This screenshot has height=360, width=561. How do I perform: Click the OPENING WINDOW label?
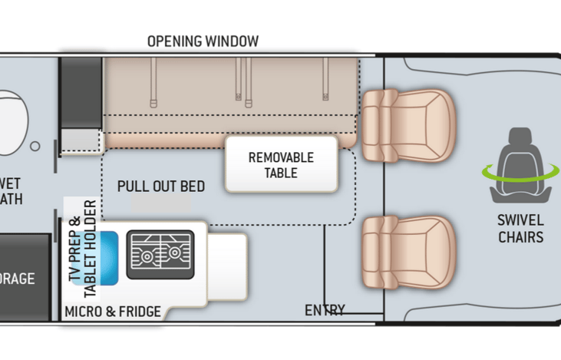[x=203, y=41]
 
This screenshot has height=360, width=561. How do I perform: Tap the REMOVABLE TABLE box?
[x=281, y=164]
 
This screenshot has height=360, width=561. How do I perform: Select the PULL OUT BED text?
[x=161, y=187]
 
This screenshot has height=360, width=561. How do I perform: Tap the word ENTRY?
[x=325, y=310]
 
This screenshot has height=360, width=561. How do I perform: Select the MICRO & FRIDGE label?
[x=113, y=311]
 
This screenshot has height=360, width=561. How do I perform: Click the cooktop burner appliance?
[x=160, y=254]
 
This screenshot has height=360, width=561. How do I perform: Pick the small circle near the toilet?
[x=35, y=146]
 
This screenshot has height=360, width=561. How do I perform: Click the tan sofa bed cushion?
[x=230, y=100]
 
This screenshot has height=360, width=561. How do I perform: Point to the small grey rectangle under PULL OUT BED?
[x=161, y=203]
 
